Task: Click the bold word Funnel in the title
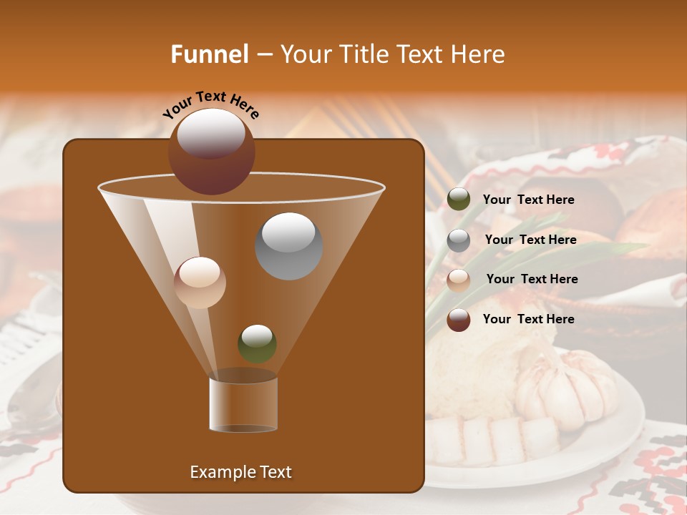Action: click(210, 54)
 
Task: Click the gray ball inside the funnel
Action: click(288, 246)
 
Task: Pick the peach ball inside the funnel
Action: click(200, 283)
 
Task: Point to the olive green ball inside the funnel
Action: click(257, 344)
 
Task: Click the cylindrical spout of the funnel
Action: click(243, 404)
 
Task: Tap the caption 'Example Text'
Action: click(241, 472)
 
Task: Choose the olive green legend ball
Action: click(459, 200)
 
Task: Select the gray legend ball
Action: click(459, 240)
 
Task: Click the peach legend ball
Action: click(459, 280)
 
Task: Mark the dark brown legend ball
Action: click(459, 320)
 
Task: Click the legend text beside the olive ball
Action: click(528, 200)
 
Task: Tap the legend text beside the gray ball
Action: click(530, 240)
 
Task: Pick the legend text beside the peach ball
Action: click(532, 279)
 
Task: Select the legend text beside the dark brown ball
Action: click(528, 319)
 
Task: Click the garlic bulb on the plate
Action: click(566, 390)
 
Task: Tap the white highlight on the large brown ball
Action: click(211, 133)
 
